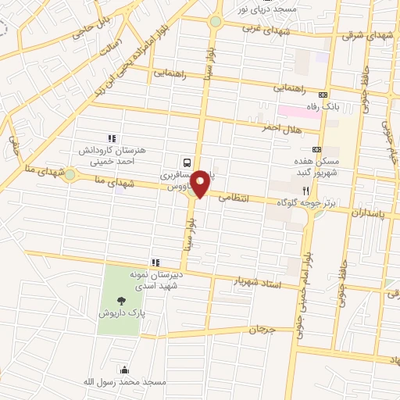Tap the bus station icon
(x=187, y=162)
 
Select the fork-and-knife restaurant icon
(x=305, y=190)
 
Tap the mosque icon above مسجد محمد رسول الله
(x=123, y=370)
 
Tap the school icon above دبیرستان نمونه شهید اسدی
(x=155, y=262)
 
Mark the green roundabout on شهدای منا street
(x=71, y=175)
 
